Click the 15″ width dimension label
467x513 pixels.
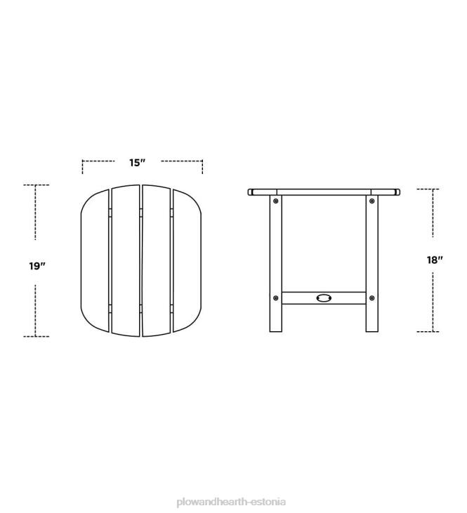(137, 163)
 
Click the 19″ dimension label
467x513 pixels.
(37, 266)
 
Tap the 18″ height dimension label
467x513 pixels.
(435, 260)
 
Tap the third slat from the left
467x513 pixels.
(156, 260)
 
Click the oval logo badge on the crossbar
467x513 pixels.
(324, 298)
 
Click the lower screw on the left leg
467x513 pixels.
(276, 298)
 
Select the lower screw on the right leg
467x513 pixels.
(372, 298)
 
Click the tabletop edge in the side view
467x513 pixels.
(324, 191)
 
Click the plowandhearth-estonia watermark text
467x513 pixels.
(232, 483)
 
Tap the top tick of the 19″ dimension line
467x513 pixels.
(36, 185)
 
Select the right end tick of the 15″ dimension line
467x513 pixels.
(202, 167)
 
